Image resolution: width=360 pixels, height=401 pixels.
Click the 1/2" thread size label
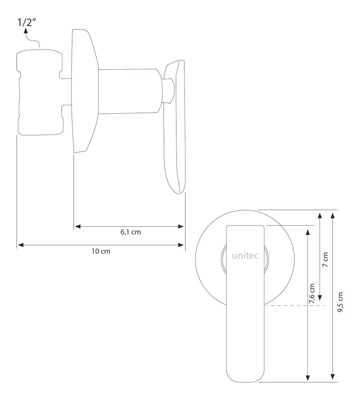27,23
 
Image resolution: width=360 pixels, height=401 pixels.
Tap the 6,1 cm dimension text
131,232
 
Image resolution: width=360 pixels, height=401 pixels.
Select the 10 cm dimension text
101,251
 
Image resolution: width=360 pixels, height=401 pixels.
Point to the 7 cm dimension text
325,260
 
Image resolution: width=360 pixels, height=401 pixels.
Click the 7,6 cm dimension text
312,293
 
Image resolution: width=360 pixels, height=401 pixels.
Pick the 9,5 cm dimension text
340,302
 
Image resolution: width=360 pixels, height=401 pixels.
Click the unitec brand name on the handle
245,256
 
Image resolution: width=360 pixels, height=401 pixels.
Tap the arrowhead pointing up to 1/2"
26,30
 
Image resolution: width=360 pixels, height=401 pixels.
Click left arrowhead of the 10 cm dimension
21,245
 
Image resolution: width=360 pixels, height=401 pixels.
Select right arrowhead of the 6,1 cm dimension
181,227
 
